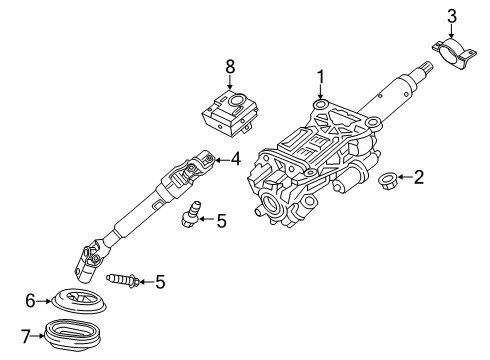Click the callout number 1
point(321,76)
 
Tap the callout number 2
point(419,178)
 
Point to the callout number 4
point(236,157)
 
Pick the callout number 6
point(31,299)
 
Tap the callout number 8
point(229,68)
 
